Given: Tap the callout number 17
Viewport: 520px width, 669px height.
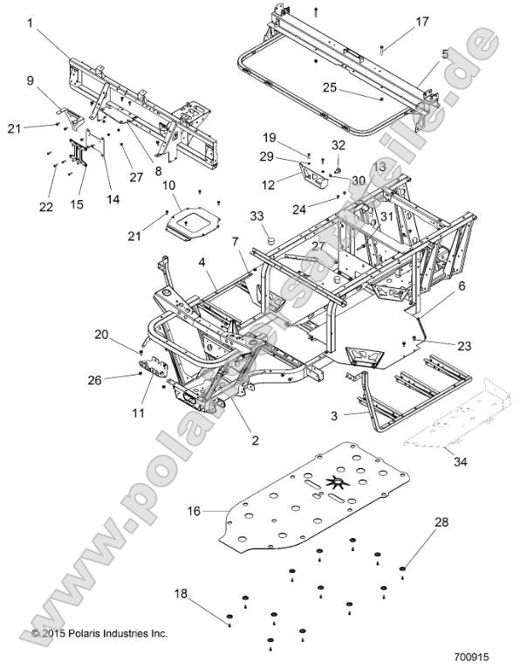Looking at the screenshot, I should [x=397, y=21].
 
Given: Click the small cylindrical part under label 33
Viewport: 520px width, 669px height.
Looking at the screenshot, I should [x=270, y=236].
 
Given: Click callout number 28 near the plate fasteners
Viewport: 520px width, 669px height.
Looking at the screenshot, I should [x=442, y=546].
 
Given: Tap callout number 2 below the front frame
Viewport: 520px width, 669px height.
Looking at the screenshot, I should [x=255, y=440].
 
